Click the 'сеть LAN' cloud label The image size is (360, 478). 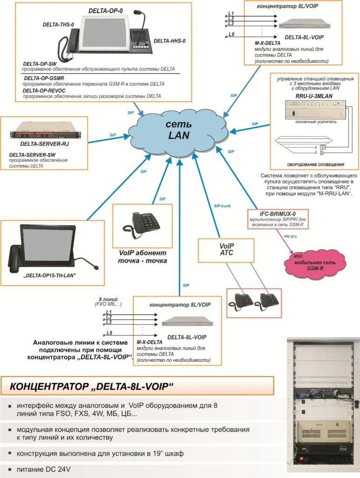pos(180,130)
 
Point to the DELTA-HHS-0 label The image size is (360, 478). pos(169,41)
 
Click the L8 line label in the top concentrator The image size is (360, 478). pos(231,34)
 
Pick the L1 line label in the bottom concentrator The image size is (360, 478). pos(109,311)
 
